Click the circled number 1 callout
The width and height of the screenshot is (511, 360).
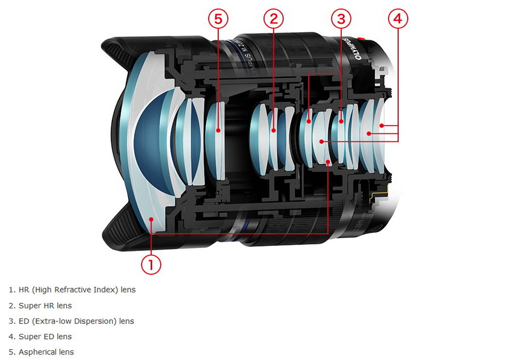tap(151, 264)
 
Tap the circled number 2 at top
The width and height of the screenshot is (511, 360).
tap(273, 19)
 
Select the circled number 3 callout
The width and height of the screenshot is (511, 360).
tap(341, 19)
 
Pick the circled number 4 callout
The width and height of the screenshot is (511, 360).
tap(397, 19)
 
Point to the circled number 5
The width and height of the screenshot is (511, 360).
tap(218, 19)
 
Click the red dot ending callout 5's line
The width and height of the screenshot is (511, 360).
tap(218, 130)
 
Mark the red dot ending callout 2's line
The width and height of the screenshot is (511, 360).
tap(273, 130)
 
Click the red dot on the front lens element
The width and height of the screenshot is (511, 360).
tap(150, 219)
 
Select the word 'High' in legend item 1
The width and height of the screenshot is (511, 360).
tap(42, 290)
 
